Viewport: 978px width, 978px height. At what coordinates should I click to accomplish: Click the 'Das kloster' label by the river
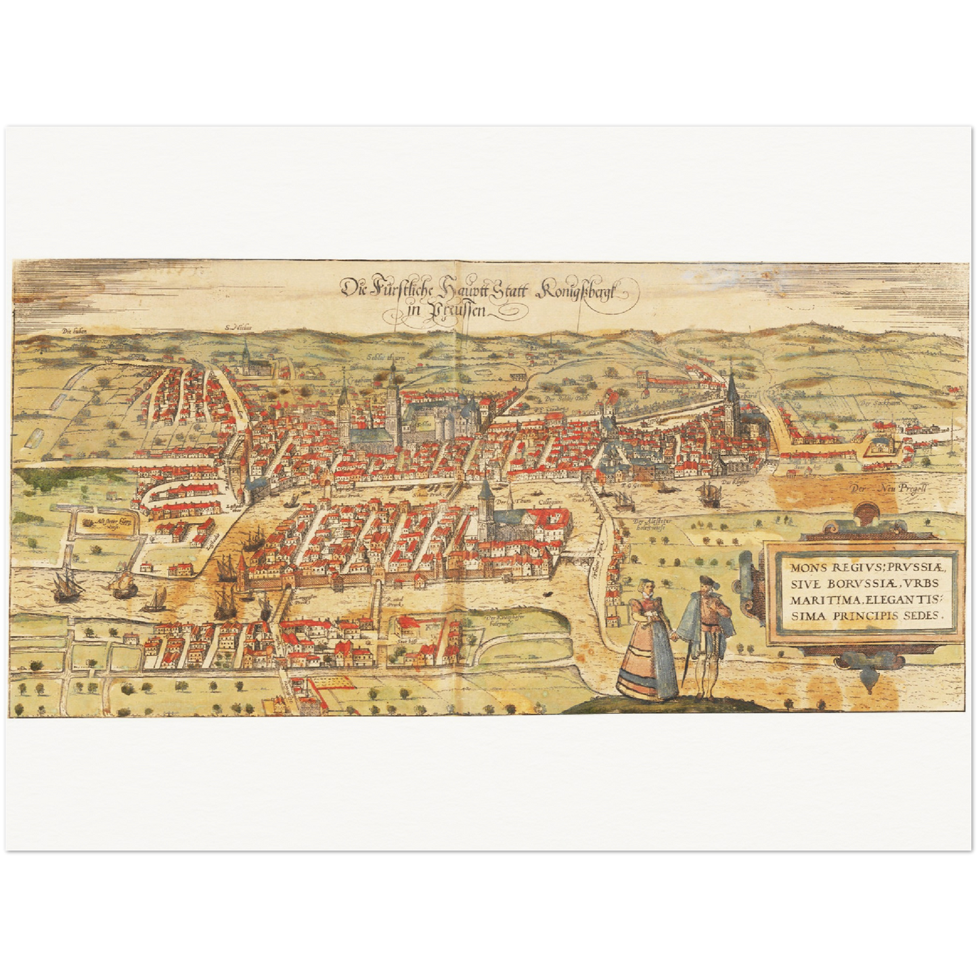tap(728, 482)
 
